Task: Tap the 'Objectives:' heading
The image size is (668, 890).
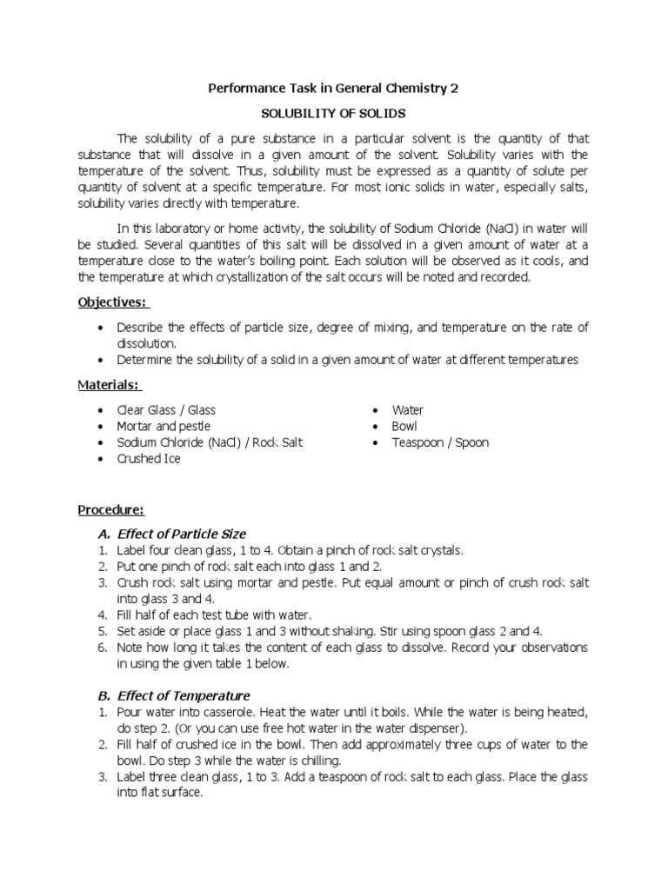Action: click(114, 302)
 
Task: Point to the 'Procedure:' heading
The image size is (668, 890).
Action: click(111, 508)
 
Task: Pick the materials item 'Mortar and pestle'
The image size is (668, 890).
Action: click(157, 426)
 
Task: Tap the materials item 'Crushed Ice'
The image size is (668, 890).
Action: click(149, 459)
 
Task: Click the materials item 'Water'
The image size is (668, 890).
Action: click(408, 409)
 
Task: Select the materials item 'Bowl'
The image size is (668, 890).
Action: click(404, 426)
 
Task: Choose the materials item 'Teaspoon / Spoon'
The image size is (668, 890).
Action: click(440, 442)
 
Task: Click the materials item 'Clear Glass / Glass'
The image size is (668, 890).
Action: click(166, 409)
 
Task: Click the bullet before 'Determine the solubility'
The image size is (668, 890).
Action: click(104, 360)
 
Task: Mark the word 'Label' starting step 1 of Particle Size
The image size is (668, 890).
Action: click(132, 550)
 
